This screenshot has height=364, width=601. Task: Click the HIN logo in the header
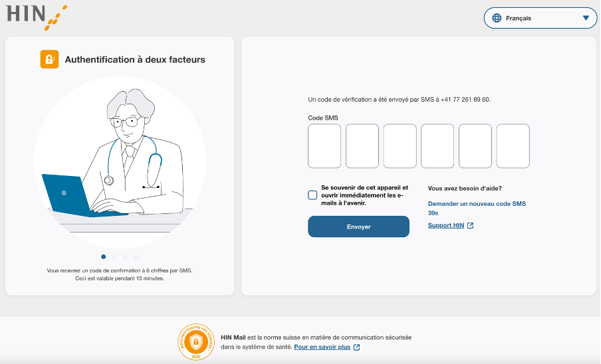37,17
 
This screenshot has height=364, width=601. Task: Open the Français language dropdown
540,18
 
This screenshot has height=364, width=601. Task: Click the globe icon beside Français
497,18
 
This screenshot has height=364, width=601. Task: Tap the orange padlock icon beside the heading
49,59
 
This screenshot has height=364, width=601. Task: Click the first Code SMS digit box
324,146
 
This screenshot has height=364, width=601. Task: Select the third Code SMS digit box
400,146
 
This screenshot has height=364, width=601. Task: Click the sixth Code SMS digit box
513,146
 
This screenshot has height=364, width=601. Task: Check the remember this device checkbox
312,195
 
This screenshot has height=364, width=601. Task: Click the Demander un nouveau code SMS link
477,204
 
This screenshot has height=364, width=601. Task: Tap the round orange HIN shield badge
196,342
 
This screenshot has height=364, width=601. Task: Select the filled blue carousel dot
104,256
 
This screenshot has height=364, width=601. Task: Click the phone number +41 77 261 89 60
465,100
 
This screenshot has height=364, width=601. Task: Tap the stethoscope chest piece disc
109,180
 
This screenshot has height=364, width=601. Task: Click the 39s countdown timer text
433,213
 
